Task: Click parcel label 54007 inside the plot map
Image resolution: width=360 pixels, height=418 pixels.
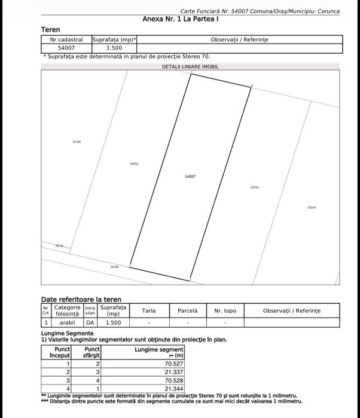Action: click(191, 176)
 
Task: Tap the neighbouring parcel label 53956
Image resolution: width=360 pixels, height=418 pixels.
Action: click(254, 187)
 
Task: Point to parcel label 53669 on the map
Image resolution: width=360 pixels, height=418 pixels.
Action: click(312, 208)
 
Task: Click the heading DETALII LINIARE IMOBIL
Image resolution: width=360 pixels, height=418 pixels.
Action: click(190, 66)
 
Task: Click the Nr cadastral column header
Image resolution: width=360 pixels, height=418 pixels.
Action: click(66, 39)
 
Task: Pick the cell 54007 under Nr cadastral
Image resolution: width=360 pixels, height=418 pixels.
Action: click(66, 47)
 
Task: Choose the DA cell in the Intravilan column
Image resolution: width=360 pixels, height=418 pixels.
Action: click(90, 322)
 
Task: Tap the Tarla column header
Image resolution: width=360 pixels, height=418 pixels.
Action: click(149, 311)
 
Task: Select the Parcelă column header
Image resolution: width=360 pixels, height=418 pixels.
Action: click(187, 311)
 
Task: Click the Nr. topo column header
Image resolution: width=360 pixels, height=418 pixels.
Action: click(225, 311)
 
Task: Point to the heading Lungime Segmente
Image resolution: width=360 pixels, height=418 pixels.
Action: click(67, 333)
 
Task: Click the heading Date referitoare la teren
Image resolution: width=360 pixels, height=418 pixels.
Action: click(81, 300)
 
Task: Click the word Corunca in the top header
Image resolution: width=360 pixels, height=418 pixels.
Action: click(328, 11)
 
